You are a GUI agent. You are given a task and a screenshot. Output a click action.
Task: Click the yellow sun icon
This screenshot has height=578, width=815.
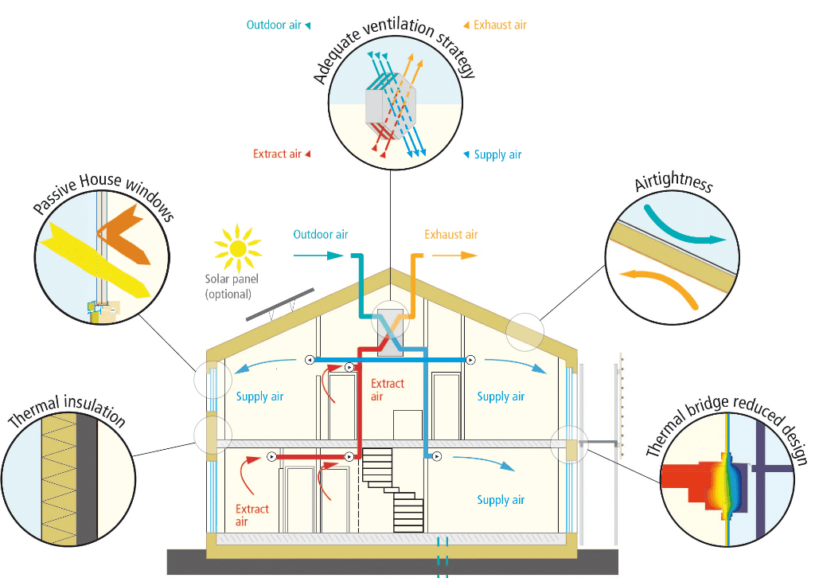pos(237,248)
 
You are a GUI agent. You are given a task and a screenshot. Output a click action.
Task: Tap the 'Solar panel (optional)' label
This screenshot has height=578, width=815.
pos(228,287)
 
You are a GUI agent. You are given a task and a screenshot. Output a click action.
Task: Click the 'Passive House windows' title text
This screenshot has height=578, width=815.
pos(103,194)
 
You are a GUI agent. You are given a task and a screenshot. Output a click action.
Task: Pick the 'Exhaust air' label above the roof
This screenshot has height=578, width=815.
pos(450,235)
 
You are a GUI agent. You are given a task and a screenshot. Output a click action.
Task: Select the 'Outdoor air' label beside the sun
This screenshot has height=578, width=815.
pos(320,235)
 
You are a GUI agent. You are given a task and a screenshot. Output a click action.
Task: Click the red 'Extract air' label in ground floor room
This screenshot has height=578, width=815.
pos(252,515)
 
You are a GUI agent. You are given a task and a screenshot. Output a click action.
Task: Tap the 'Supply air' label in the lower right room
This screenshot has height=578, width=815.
pos(501,500)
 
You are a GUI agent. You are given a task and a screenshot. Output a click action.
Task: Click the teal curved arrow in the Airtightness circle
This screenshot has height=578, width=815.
pos(684,227)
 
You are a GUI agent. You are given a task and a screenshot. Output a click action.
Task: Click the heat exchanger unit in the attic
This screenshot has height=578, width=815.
pos(390,327)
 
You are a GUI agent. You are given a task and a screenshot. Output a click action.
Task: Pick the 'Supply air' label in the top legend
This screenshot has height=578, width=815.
pos(497,154)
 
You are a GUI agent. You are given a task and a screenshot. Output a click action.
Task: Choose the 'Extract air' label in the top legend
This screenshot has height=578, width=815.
pos(277,154)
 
